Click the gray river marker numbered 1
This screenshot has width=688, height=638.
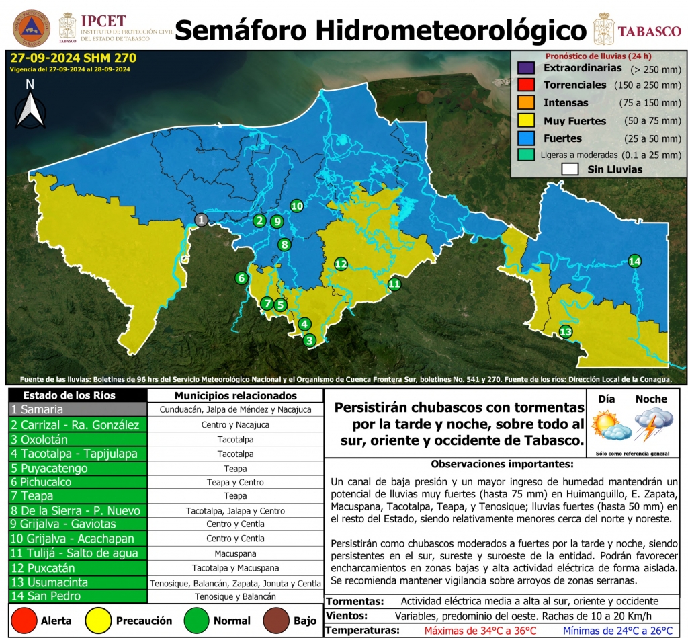coord(201,219)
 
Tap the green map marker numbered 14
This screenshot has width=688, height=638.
coord(635,261)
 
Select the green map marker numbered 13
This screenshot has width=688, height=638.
coord(566,331)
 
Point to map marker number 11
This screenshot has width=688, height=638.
coord(394,284)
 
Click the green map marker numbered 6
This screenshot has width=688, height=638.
coord(241,278)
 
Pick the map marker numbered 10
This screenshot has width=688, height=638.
coord(296,206)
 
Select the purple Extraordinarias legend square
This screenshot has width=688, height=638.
coord(526,69)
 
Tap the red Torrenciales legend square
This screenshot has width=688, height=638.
coord(526,85)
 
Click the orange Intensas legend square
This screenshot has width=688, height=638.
coord(526,103)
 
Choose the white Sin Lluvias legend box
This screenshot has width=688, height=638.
coord(571,169)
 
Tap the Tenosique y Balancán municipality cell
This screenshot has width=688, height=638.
coord(235,596)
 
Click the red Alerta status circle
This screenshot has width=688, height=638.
coord(25,620)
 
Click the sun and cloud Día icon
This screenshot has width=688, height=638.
coord(610,426)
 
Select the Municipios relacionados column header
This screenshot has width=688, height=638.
coord(235,395)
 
